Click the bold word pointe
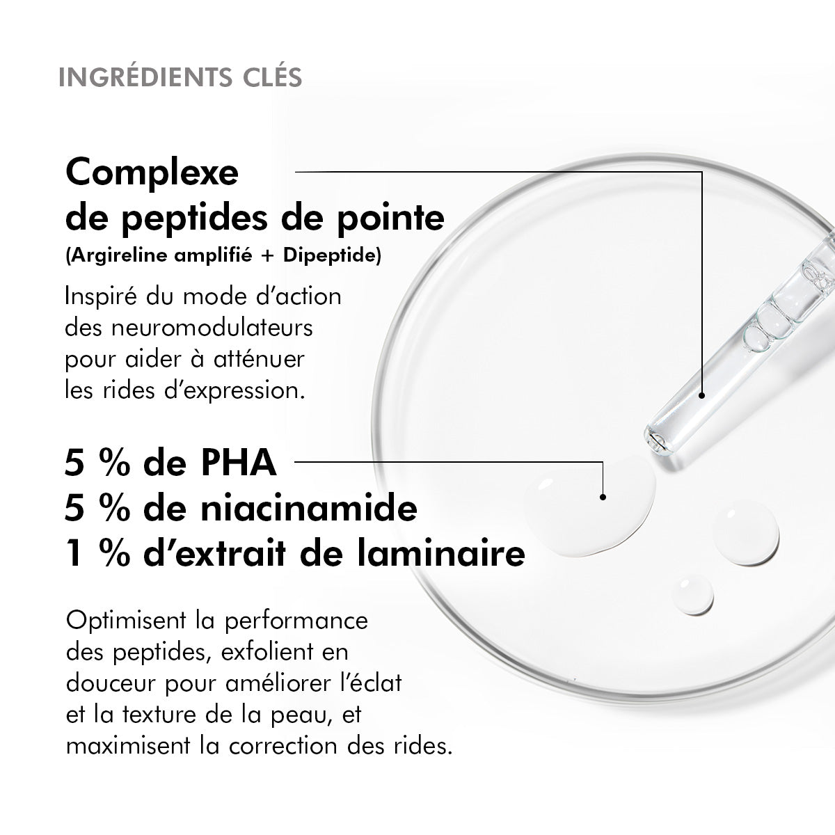[x=390, y=218]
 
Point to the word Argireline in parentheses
[x=118, y=255]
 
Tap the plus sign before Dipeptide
[x=268, y=255]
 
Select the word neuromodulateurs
[x=212, y=328]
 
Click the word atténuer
[x=259, y=359]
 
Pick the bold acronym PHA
[x=239, y=463]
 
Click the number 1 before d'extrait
[x=74, y=553]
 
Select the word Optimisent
[x=126, y=621]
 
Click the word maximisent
[x=128, y=746]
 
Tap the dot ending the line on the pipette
[x=701, y=395]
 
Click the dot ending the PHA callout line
[x=603, y=497]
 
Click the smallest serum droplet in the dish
[x=692, y=594]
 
